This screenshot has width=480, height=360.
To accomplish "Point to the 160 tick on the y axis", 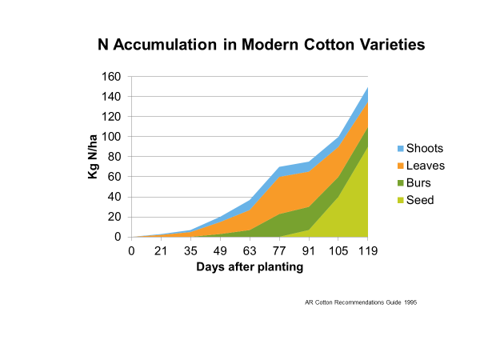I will pos(111,77).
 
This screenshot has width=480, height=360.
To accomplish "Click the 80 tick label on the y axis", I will pos(114,157).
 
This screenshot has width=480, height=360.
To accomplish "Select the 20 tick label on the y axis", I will pos(114,217).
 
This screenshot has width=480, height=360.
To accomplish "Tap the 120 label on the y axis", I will pos(111,117).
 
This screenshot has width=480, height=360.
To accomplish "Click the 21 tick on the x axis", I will pos(160,251).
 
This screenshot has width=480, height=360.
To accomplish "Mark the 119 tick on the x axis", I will pos(367,251).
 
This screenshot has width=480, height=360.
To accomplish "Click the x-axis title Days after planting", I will pos(250,267).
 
